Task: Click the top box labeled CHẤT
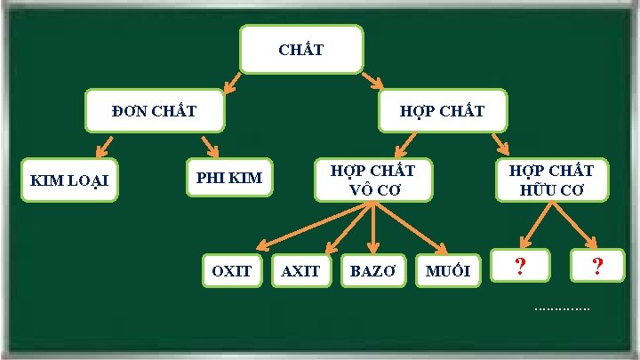[301, 49]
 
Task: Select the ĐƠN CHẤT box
[154, 111]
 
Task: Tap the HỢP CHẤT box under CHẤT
[442, 111]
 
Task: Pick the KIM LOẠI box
[69, 180]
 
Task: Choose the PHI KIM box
[229, 178]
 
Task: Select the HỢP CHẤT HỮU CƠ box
[557, 179]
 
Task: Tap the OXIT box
[232, 270]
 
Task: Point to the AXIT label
[300, 270]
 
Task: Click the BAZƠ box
[373, 270]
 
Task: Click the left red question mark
[520, 267]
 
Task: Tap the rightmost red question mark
[597, 267]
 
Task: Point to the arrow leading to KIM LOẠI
[105, 147]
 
